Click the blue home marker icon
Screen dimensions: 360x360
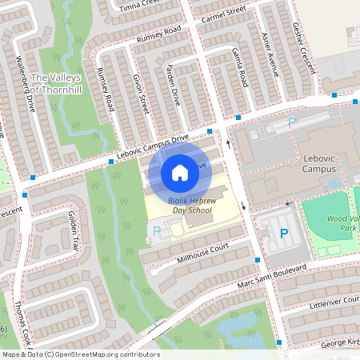[x=180, y=172]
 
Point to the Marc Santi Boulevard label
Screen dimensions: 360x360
[x=271, y=277]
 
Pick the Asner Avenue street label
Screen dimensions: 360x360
[x=269, y=56]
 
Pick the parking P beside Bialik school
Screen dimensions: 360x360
[x=156, y=231]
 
